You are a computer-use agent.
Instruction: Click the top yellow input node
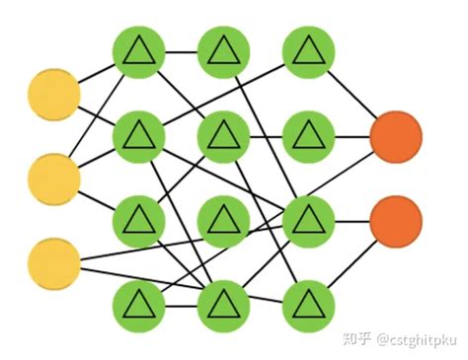pos(53,95)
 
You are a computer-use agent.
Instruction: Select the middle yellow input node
pos(53,179)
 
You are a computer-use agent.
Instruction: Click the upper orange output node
pos(396,137)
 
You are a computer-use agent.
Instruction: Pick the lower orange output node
pos(396,221)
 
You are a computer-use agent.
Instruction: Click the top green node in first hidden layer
pos(139,52)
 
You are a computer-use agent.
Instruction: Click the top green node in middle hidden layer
pos(224,52)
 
